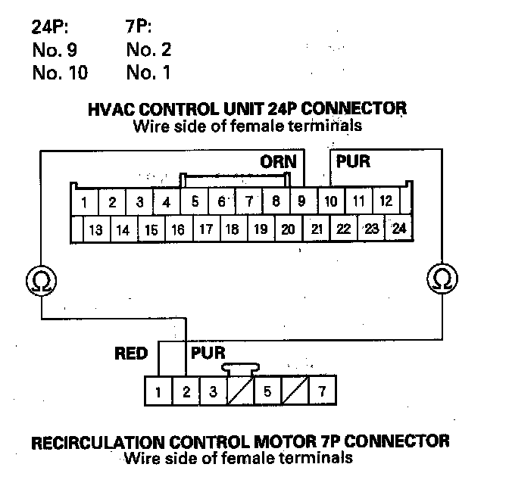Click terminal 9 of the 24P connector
coord(301,202)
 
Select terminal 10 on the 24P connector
coord(331,202)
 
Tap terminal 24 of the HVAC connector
coord(399,229)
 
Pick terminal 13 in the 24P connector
coord(95,229)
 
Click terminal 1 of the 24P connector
coord(85,202)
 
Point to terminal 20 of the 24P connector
coord(288,229)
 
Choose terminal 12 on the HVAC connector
coord(386,202)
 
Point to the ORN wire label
coord(277,162)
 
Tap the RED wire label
coord(130,354)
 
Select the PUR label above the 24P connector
coord(353,162)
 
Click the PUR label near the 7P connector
coord(208,354)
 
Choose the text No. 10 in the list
coord(60,73)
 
